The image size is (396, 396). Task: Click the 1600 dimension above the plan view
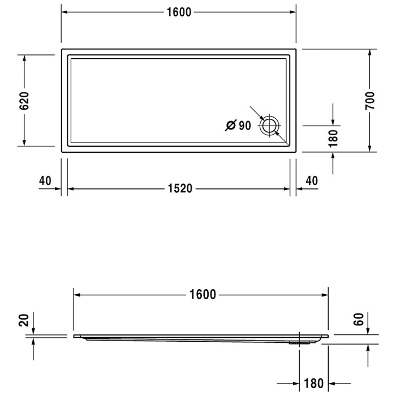(x=179, y=12)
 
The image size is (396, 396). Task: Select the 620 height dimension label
(x=24, y=100)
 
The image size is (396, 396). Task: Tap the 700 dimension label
(x=370, y=100)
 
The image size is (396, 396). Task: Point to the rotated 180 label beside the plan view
(x=333, y=137)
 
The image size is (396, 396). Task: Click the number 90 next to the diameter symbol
(x=244, y=126)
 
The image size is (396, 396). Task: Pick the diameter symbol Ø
(x=230, y=126)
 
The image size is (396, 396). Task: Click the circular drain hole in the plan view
(x=269, y=126)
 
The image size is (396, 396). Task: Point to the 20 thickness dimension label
(x=23, y=321)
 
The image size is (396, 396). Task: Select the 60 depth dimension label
(x=358, y=320)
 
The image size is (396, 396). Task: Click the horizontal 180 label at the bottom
(x=314, y=384)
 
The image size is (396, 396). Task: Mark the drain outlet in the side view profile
(x=300, y=342)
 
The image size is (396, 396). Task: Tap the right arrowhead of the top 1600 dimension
(x=292, y=12)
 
